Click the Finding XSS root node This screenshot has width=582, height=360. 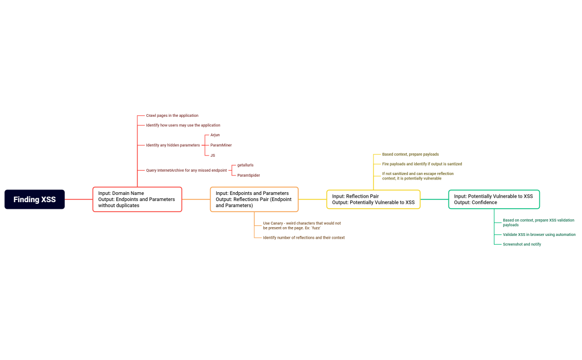pos(34,199)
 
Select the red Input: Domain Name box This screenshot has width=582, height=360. pos(137,199)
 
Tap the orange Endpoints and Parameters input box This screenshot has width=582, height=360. pos(254,199)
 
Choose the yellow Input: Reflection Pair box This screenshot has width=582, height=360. pos(373,199)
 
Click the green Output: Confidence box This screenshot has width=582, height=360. pos(493,199)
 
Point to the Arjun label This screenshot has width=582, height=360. pos(215,135)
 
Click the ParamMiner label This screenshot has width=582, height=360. pos(221,145)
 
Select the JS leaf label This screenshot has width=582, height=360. pos(212,155)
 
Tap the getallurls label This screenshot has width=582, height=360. pos(245,165)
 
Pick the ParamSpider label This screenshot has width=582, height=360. pos(248,175)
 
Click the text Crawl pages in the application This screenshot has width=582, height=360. pos(172,116)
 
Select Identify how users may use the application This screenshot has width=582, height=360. pos(183,125)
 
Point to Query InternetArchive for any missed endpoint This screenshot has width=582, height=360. pos(186,170)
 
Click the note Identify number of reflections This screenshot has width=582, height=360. pos(304,238)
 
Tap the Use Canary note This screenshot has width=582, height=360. pos(302,225)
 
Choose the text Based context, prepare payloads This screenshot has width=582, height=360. pos(410,155)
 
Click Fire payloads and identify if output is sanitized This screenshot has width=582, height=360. pos(422,164)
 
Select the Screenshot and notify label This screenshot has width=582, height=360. pos(522,244)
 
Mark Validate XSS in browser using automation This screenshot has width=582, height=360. pos(539,234)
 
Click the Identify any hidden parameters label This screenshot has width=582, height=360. pos(172,145)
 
